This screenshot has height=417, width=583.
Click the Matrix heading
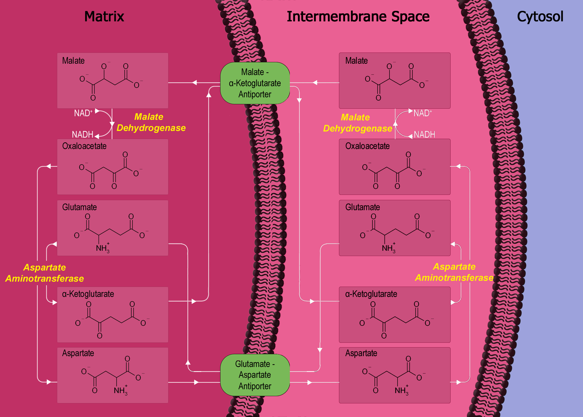pyautogui.click(x=104, y=16)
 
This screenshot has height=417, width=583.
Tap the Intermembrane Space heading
pyautogui.click(x=358, y=16)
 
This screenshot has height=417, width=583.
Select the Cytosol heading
pyautogui.click(x=540, y=16)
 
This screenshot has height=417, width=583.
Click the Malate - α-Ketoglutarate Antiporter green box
pyautogui.click(x=255, y=83)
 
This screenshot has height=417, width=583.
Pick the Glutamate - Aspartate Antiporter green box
pyautogui.click(x=255, y=375)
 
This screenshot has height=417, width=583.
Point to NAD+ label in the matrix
pyautogui.click(x=83, y=113)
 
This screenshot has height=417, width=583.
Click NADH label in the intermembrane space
pyautogui.click(x=424, y=135)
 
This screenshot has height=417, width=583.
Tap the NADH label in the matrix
pyautogui.click(x=82, y=135)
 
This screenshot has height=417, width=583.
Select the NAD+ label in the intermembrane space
pyautogui.click(x=423, y=113)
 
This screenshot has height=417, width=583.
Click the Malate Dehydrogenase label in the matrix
pyautogui.click(x=151, y=122)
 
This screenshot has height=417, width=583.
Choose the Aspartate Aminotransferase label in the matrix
pyautogui.click(x=44, y=273)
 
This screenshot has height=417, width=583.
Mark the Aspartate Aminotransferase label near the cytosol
pyautogui.click(x=454, y=272)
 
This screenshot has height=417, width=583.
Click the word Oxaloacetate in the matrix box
pyautogui.click(x=84, y=146)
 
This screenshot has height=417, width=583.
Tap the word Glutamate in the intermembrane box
pyautogui.click(x=363, y=207)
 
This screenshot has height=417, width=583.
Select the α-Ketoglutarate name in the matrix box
pyautogui.click(x=88, y=294)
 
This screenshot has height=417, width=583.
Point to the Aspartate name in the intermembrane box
pyautogui.click(x=361, y=353)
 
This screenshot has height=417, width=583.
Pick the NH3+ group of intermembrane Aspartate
pyautogui.click(x=401, y=390)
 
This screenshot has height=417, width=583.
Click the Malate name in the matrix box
pyautogui.click(x=73, y=61)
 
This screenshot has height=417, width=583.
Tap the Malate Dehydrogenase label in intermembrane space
pyautogui.click(x=358, y=123)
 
